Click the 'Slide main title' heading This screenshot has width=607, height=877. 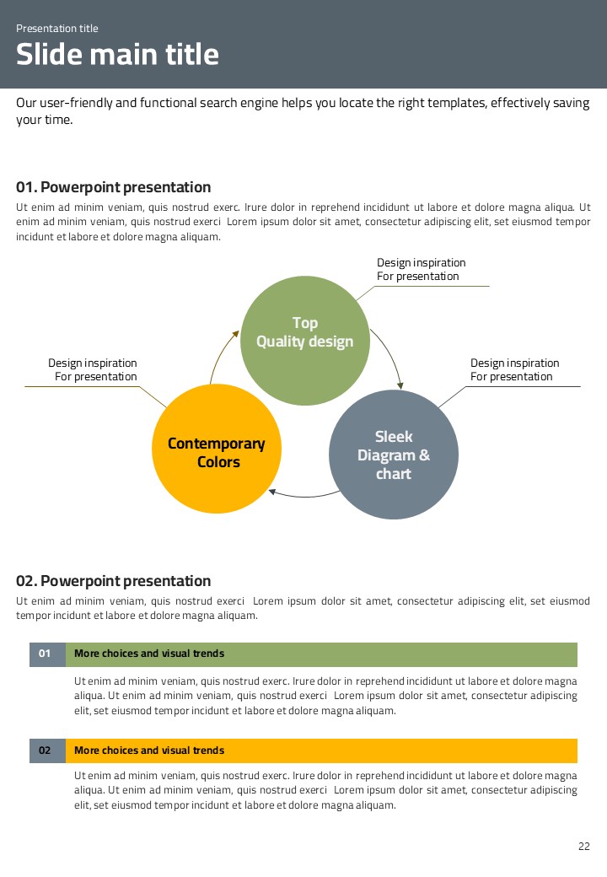[117, 55]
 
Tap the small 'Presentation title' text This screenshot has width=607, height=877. [57, 29]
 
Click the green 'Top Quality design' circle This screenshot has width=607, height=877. [305, 341]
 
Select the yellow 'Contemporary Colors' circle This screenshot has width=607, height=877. [217, 449]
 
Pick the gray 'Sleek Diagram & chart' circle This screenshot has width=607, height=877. [394, 455]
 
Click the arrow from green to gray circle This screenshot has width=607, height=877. [389, 354]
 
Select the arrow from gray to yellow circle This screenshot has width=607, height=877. [303, 495]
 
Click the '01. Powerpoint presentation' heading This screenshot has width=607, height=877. [114, 187]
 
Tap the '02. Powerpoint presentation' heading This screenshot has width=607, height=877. [114, 581]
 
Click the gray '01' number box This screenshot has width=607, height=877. [46, 654]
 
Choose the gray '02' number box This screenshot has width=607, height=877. [46, 751]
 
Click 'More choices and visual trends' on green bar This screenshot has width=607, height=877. [149, 654]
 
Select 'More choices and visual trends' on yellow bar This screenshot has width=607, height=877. [149, 751]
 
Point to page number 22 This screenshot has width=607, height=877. [584, 847]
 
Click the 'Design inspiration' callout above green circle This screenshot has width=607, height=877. [421, 269]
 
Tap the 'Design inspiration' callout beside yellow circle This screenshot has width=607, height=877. [93, 369]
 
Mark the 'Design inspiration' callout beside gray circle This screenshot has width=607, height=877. [514, 369]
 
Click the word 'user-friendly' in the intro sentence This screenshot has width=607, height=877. [77, 103]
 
